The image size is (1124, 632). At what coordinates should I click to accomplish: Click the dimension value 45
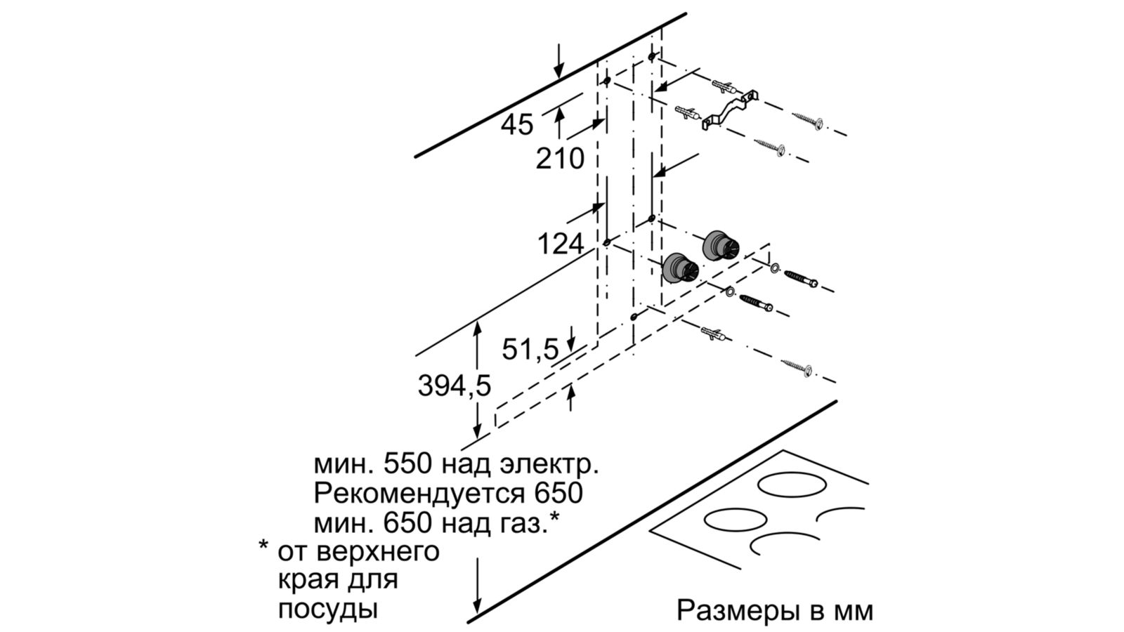pyautogui.click(x=517, y=125)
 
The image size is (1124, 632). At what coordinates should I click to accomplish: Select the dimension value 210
pyautogui.click(x=560, y=159)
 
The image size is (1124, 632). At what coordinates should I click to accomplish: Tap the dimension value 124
pyautogui.click(x=560, y=244)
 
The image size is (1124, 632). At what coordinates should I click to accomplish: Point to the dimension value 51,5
pyautogui.click(x=530, y=349)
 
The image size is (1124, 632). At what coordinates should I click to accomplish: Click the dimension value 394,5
pyautogui.click(x=454, y=385)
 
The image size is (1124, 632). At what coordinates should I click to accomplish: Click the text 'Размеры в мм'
pyautogui.click(x=775, y=610)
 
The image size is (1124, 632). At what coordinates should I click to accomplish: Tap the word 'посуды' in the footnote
pyautogui.click(x=328, y=608)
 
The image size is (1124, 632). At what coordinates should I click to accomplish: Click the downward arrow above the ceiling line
pyautogui.click(x=559, y=60)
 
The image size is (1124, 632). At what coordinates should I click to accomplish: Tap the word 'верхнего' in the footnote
pyautogui.click(x=358, y=551)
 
